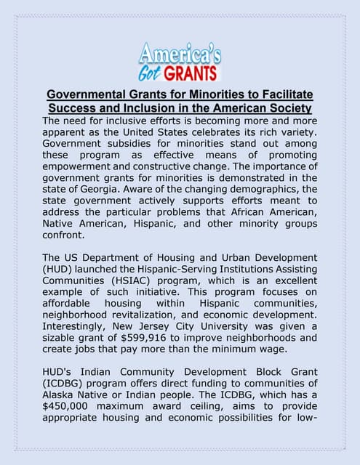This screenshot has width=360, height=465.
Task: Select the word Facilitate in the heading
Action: [x=280, y=94]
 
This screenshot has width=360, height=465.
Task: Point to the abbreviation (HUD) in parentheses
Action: [x=58, y=270]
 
